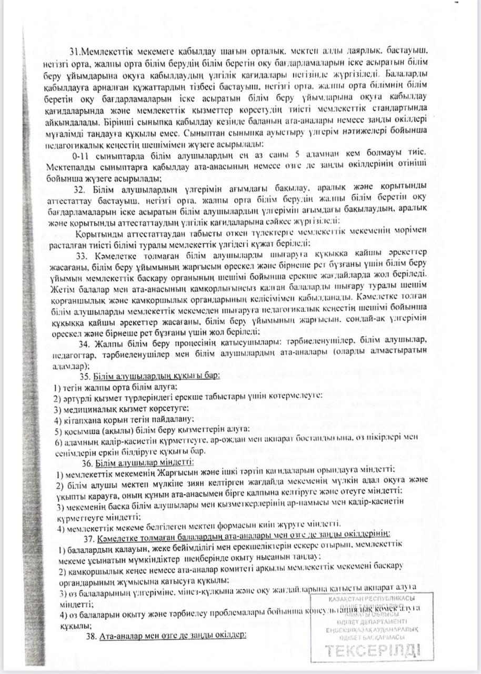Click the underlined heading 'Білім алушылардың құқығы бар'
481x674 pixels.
coord(156,377)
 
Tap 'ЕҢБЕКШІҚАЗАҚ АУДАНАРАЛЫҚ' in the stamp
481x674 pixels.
coord(372,629)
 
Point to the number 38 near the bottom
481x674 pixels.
coord(91,636)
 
